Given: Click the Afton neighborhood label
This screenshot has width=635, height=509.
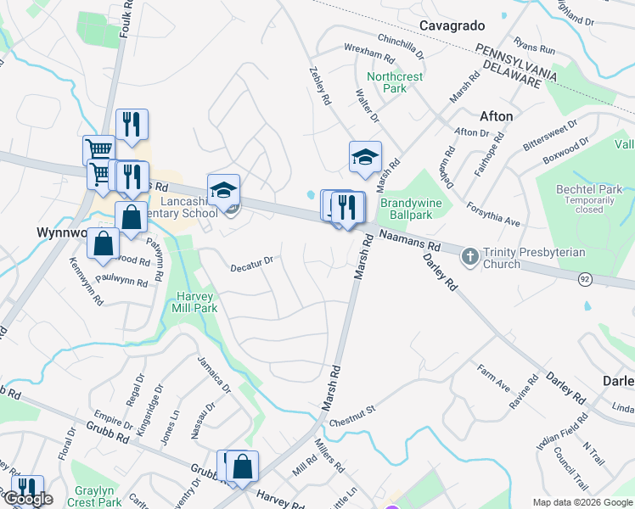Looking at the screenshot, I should pos(496,115).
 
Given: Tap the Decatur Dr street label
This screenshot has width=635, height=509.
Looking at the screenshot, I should pos(251,264).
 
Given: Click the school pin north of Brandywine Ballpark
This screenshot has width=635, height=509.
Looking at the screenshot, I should pos(365,158).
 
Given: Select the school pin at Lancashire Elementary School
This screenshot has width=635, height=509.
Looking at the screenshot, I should pos(223,191).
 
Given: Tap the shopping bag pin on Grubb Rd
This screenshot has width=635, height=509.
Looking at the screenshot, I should pos(242,466).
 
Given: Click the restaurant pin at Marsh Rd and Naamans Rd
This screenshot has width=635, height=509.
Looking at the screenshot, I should pos(348,208).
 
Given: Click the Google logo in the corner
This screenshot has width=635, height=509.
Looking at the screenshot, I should pos(28,500).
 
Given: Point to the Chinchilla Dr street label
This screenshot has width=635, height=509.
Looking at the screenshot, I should pos(401,48).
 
